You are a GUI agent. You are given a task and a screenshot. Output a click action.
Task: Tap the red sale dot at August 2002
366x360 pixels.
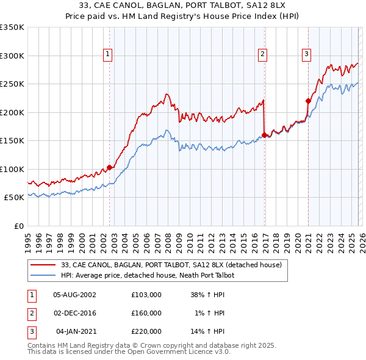point(109,167)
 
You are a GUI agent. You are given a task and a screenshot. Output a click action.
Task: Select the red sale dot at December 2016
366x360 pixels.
point(264,135)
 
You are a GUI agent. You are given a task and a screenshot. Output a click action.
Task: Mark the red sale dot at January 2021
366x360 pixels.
point(308,101)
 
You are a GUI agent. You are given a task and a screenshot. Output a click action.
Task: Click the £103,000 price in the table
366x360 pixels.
point(146,294)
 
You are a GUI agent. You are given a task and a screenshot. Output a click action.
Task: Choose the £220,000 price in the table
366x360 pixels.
point(146,331)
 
